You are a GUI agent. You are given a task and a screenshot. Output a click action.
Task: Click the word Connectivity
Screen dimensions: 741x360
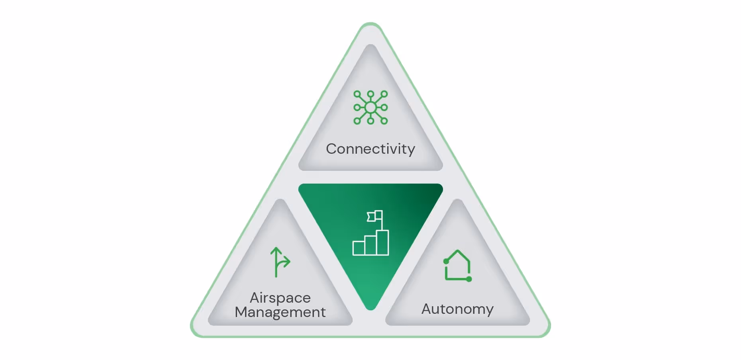[370, 149]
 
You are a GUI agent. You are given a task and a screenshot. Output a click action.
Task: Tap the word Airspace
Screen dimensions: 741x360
[280, 298]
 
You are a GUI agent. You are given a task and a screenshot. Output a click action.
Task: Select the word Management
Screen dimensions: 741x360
[280, 312]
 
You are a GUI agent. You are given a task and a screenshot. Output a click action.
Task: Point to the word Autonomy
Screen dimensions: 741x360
[457, 309]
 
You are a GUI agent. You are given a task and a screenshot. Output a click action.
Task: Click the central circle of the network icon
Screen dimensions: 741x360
[370, 108]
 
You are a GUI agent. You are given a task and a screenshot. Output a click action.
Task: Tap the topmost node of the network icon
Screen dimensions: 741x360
[370, 94]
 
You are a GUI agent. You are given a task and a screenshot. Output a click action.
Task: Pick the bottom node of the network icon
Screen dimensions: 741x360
[370, 121]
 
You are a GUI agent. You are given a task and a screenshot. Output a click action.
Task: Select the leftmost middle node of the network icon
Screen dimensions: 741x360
[357, 108]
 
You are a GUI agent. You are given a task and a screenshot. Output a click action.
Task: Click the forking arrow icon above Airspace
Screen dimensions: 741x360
[280, 262]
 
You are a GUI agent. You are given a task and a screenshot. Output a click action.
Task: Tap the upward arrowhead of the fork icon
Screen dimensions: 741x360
[276, 251]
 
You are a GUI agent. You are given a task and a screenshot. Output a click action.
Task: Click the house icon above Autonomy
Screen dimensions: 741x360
[458, 266]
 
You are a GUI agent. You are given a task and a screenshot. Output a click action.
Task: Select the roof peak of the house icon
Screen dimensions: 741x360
[458, 251]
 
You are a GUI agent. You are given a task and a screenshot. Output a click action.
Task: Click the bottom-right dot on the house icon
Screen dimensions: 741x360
[469, 279]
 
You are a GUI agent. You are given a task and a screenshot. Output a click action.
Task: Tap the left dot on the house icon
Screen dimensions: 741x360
[446, 261]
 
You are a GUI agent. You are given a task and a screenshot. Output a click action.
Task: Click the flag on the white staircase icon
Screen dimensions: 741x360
[374, 216]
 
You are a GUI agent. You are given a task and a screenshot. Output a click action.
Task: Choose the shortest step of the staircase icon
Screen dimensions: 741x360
[359, 248]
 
